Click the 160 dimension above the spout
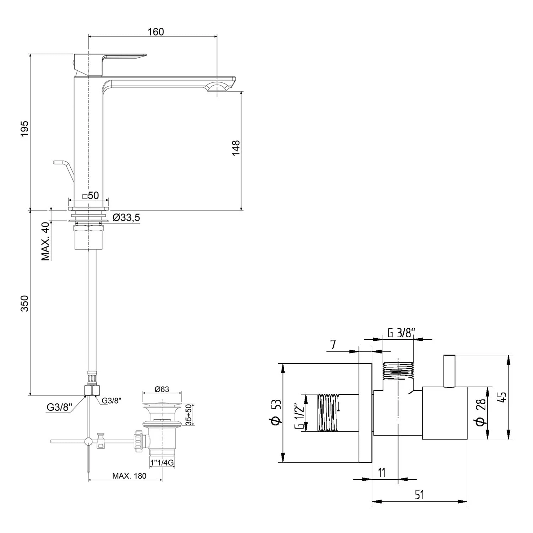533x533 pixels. (x=156, y=32)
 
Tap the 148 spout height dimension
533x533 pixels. (x=236, y=148)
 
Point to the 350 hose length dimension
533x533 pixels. (x=24, y=303)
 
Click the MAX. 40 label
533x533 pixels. (x=45, y=242)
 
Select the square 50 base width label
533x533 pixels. (x=90, y=195)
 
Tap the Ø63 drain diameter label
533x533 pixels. (x=162, y=389)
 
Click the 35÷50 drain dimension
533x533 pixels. (x=189, y=414)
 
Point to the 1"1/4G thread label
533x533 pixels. (x=162, y=463)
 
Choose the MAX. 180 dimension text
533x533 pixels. (x=129, y=476)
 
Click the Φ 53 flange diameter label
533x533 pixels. (x=276, y=412)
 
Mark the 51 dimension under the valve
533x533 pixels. (x=419, y=494)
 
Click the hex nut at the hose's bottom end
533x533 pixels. (x=92, y=390)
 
